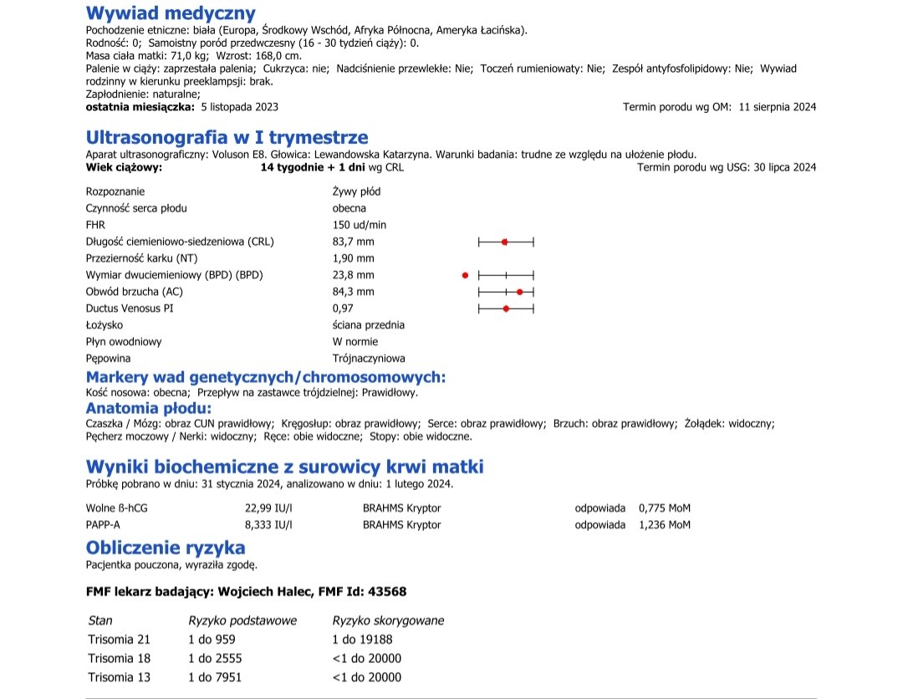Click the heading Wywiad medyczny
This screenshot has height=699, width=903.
point(171,13)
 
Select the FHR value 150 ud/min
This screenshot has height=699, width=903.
point(360,225)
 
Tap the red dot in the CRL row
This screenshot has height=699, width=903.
point(504,242)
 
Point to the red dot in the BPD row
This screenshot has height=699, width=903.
point(465,275)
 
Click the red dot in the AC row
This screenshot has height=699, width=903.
point(520,292)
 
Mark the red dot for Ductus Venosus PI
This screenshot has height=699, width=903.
point(506,309)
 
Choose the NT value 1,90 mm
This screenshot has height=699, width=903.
point(353,258)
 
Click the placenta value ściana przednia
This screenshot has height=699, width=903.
point(368,325)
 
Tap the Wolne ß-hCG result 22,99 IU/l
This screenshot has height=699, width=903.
point(268,508)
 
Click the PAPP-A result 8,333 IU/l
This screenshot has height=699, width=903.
point(268,525)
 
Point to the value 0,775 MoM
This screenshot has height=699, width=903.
point(665,508)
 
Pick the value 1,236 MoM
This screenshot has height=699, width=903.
point(665,525)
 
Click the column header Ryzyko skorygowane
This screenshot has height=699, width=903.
point(388,620)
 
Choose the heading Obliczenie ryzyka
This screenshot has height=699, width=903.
point(166,548)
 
